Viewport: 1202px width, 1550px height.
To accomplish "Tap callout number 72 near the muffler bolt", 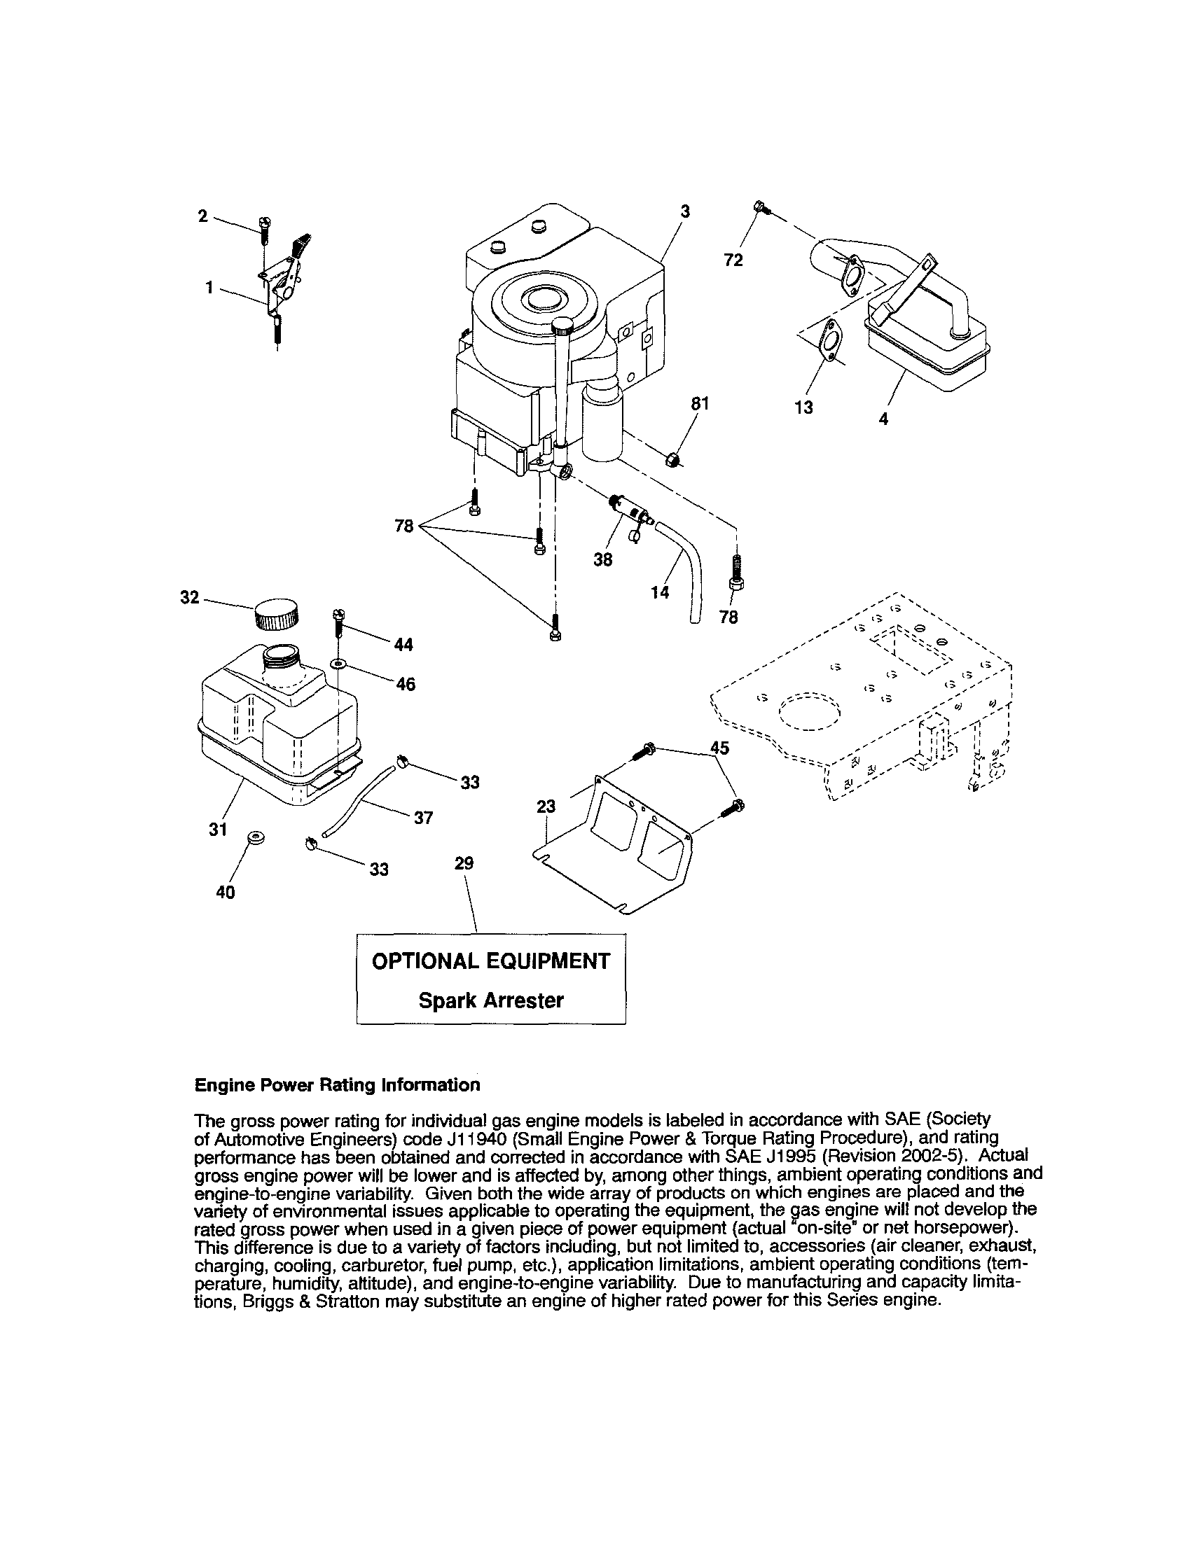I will tap(733, 260).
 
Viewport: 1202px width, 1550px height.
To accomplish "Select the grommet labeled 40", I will tap(254, 839).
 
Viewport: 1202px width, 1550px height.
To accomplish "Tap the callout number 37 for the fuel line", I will tap(423, 818).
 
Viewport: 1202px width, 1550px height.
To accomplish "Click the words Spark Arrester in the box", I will tap(490, 1000).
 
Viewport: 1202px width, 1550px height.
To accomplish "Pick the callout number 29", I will tap(464, 863).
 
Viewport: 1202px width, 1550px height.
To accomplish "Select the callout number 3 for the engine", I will tap(684, 211).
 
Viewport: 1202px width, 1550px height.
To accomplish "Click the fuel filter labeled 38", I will tap(628, 509).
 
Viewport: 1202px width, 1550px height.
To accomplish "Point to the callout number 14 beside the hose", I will tap(660, 592).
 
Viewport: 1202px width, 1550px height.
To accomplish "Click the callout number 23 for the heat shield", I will tap(546, 807).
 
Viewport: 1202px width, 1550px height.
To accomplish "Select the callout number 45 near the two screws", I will tap(719, 747).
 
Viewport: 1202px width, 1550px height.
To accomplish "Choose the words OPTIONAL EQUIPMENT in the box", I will tap(490, 961).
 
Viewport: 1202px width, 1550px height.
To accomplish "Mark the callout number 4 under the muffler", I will tap(883, 419).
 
